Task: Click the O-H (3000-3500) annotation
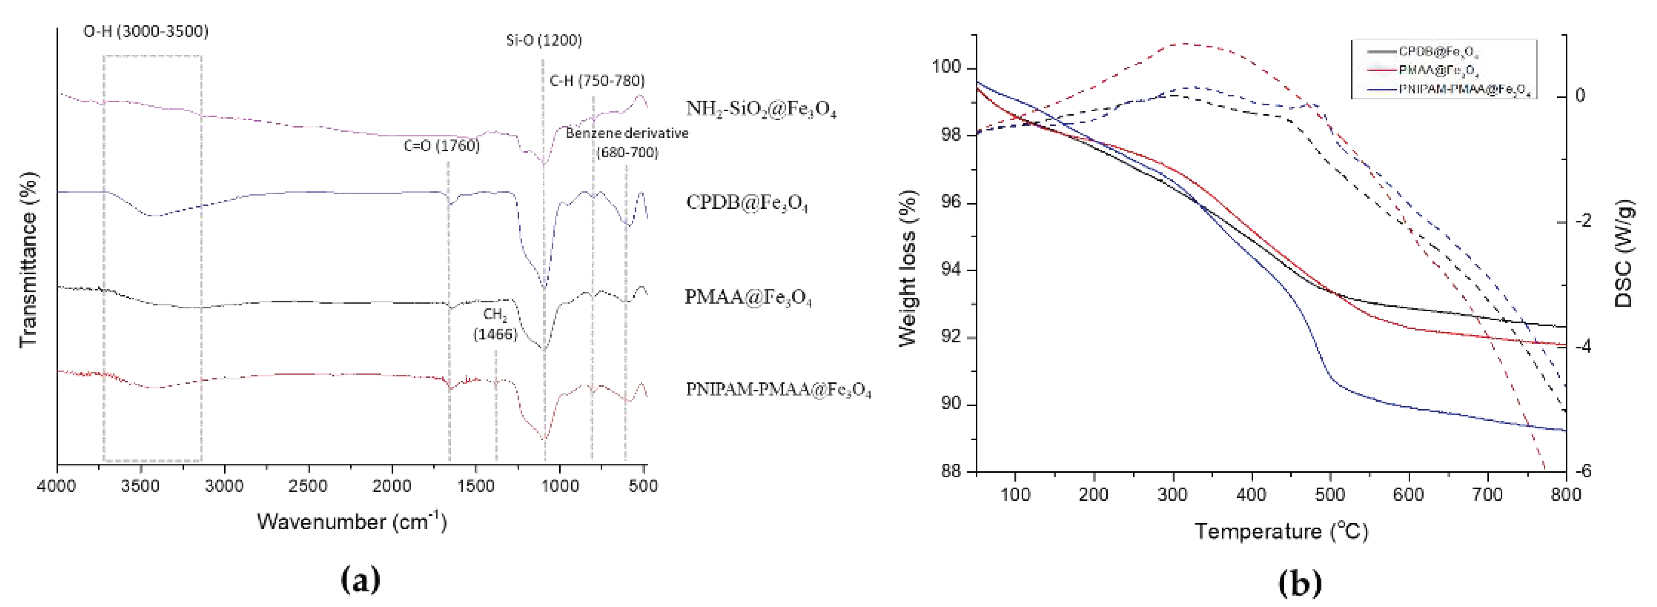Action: click(x=146, y=31)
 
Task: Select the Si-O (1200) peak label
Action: click(x=544, y=40)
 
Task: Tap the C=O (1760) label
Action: click(x=441, y=146)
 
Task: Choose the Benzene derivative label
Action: click(x=627, y=133)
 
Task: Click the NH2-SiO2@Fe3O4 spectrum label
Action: click(x=761, y=109)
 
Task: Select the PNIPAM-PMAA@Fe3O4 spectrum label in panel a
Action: click(x=778, y=390)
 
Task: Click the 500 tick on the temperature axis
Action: click(x=1330, y=495)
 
